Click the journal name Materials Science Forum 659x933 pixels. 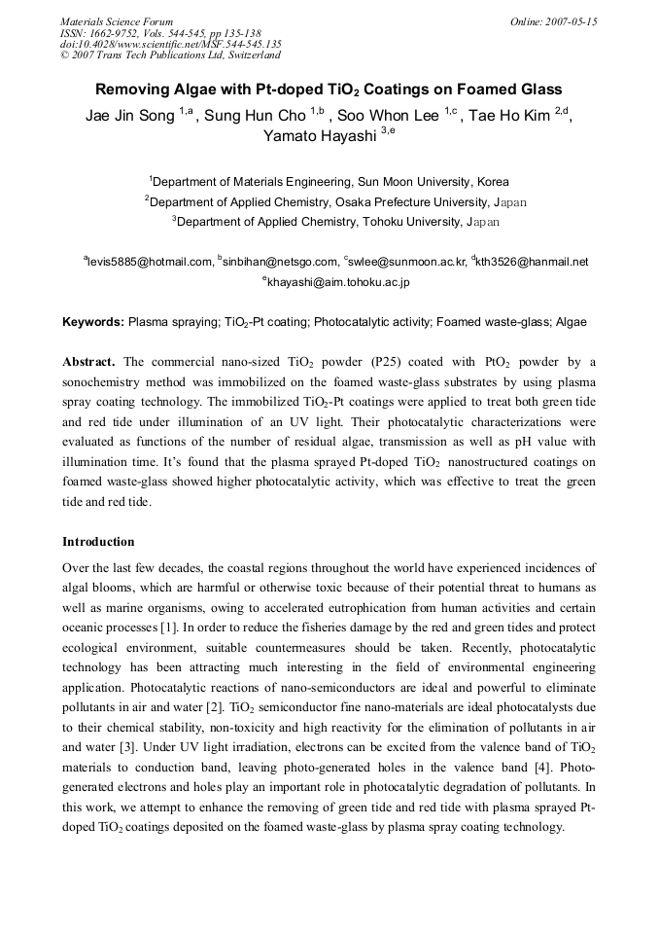coord(117,21)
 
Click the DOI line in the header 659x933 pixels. coord(171,44)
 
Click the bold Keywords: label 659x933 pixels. coord(93,321)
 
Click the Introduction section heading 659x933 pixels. coord(98,542)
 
